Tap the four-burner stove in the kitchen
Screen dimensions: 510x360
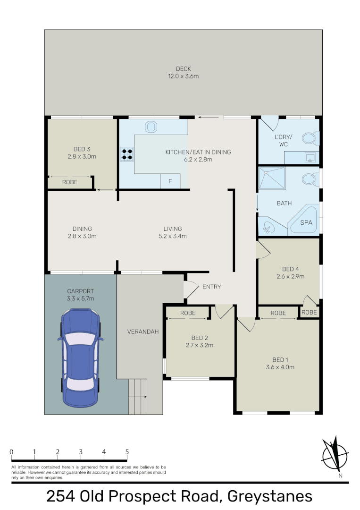point(126,154)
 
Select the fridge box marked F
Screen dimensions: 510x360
point(170,182)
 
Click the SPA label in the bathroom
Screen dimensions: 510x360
point(306,222)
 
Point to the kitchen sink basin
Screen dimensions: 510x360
point(151,127)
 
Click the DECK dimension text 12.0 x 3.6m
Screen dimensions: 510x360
point(184,76)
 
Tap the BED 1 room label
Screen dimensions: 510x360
point(280,358)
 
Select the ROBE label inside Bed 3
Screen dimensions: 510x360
point(70,182)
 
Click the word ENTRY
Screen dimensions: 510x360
point(211,287)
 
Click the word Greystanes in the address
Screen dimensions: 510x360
point(269,496)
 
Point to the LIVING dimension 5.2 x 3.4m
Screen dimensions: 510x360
point(173,236)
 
